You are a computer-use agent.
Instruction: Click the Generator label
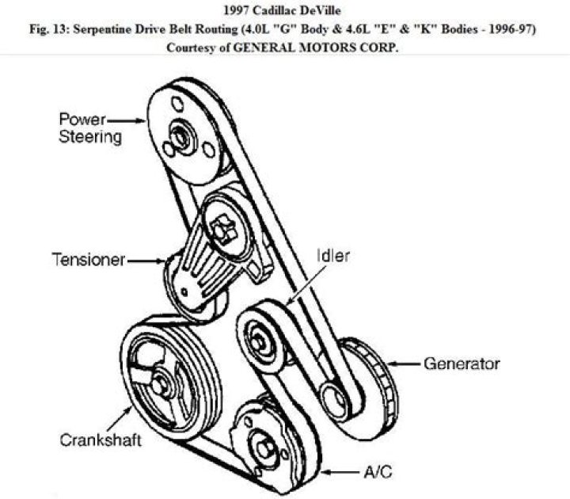[462, 364]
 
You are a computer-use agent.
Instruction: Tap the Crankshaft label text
[101, 440]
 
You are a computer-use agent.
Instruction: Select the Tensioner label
[89, 260]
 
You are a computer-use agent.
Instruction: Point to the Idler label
[333, 256]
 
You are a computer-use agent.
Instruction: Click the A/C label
[378, 472]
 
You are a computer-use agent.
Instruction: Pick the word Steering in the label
[90, 137]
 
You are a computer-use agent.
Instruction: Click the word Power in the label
[82, 120]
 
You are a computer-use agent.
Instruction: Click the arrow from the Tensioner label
[146, 261]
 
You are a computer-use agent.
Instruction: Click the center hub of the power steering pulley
[180, 138]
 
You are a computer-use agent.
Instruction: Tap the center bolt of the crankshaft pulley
[159, 386]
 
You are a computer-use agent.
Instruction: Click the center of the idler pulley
[258, 343]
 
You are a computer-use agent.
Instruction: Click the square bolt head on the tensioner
[222, 230]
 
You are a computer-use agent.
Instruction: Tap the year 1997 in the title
[236, 10]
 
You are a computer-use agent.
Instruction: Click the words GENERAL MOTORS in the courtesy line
[294, 48]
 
